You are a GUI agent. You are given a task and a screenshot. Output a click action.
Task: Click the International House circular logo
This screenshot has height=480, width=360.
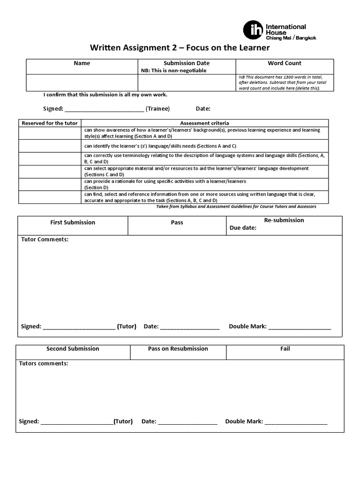[253, 30]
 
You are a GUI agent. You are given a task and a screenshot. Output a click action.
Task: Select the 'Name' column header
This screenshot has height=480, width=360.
[82, 63]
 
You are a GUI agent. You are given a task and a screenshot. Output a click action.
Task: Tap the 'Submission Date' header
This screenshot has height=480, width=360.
[186, 63]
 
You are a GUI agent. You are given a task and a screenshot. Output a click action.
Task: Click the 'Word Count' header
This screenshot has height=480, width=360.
[285, 63]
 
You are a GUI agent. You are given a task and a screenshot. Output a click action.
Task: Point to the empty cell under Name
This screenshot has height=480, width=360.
[82, 82]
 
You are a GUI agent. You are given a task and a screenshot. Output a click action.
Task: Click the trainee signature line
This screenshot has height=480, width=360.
[104, 109]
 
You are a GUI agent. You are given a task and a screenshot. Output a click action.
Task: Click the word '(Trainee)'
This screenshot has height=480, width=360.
[157, 109]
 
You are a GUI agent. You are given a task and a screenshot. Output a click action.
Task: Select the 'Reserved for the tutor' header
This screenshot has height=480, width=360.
[49, 123]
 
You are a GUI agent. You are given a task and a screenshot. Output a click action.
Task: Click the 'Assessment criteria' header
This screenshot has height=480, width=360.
[204, 123]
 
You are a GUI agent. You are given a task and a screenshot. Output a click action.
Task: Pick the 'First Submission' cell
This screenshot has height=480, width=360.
[73, 223]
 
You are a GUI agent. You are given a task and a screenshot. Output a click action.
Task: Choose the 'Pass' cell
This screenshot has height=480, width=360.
[177, 223]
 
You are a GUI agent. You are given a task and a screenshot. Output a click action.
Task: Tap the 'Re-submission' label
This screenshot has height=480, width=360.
[284, 220]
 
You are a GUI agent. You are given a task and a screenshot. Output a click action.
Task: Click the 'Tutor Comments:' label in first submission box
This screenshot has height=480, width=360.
[45, 240]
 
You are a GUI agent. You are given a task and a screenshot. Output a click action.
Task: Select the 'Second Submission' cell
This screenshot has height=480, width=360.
[73, 349]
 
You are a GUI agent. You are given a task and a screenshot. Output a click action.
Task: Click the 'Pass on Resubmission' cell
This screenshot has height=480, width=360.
[178, 349]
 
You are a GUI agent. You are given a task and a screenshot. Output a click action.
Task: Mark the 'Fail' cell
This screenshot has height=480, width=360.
[285, 349]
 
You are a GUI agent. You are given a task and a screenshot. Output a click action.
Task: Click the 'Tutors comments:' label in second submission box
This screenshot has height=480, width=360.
[43, 364]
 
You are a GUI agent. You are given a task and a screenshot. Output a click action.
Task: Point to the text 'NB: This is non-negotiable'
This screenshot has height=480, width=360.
[173, 71]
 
